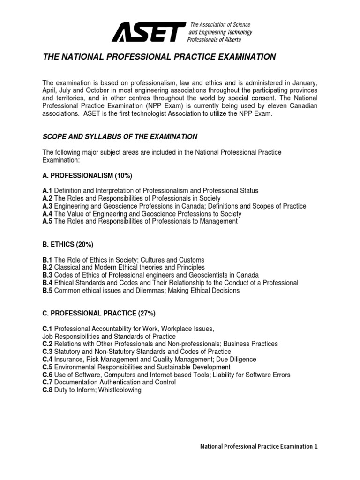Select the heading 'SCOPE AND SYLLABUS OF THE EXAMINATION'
[120, 136]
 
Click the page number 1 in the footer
[316, 447]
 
